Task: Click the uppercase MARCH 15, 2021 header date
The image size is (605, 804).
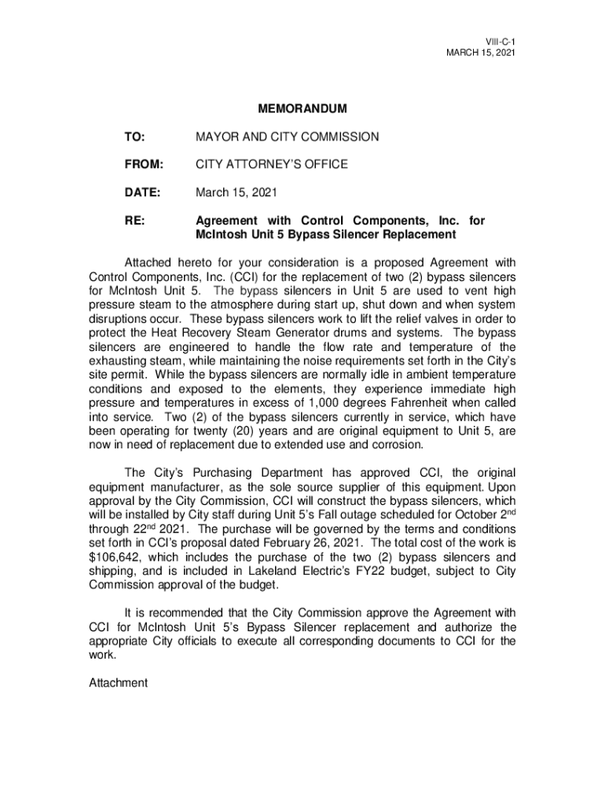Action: [480, 53]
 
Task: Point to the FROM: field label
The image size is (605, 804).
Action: [143, 164]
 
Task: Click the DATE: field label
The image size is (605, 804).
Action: [142, 192]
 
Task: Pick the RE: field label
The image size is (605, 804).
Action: [134, 221]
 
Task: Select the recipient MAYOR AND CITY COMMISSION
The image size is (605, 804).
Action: [287, 137]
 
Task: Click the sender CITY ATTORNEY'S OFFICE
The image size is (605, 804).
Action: [271, 164]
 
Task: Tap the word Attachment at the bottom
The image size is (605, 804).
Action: [118, 683]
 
